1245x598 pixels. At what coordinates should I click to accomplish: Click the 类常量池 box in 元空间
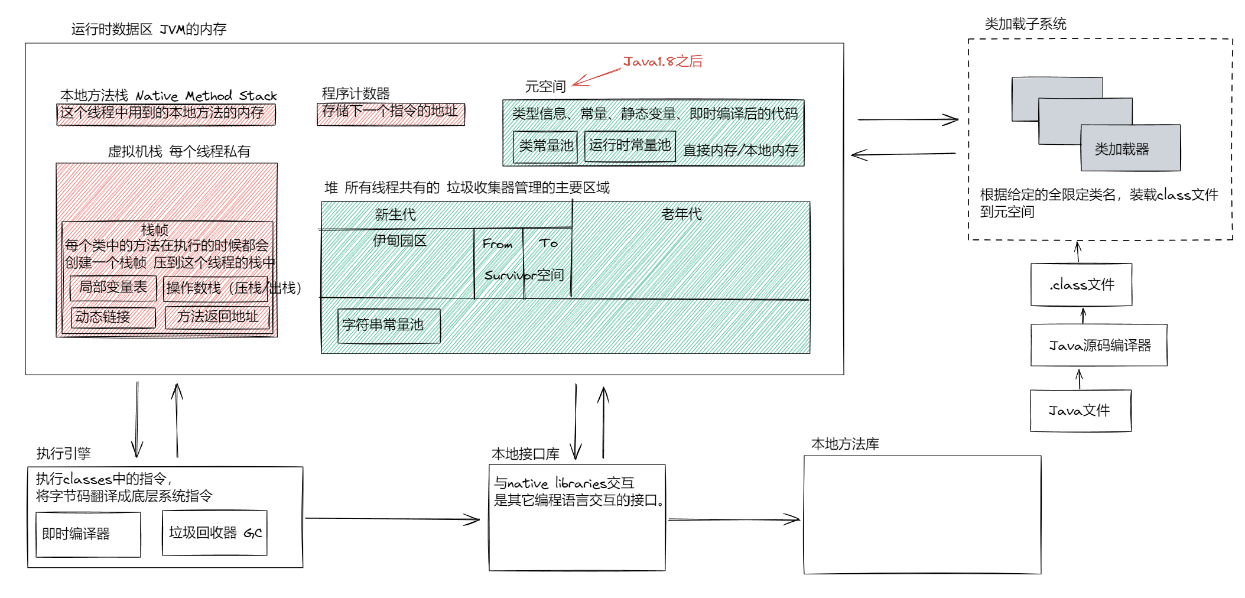[x=546, y=146]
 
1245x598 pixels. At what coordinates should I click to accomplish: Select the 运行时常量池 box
[x=630, y=145]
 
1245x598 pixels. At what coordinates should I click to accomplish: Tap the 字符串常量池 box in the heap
[x=389, y=325]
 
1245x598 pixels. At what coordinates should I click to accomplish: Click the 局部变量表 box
[x=113, y=288]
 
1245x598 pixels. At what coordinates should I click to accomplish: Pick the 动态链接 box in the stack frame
[x=113, y=317]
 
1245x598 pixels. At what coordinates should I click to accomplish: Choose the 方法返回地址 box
[x=217, y=317]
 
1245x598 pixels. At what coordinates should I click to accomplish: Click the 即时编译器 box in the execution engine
[x=88, y=534]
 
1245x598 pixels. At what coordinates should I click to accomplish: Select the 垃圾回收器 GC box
[x=214, y=533]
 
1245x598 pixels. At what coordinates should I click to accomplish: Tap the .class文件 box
[x=1081, y=285]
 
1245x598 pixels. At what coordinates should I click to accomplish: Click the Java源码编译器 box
[x=1099, y=345]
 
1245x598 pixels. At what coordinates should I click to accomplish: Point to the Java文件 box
[x=1081, y=411]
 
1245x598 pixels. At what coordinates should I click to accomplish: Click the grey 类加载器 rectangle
[x=1130, y=148]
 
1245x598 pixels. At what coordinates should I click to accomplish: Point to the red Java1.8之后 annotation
[x=662, y=61]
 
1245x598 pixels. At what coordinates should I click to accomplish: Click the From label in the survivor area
[x=497, y=244]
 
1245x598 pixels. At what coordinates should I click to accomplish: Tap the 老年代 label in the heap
[x=681, y=214]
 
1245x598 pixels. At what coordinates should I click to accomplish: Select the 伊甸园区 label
[x=399, y=241]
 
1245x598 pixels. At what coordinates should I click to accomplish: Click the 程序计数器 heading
[x=356, y=93]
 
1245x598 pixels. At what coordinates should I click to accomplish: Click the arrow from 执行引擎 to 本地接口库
[x=392, y=519]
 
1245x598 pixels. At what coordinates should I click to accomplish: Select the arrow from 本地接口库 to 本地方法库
[x=734, y=520]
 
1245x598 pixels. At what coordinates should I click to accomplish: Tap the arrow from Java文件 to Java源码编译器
[x=1080, y=379]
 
